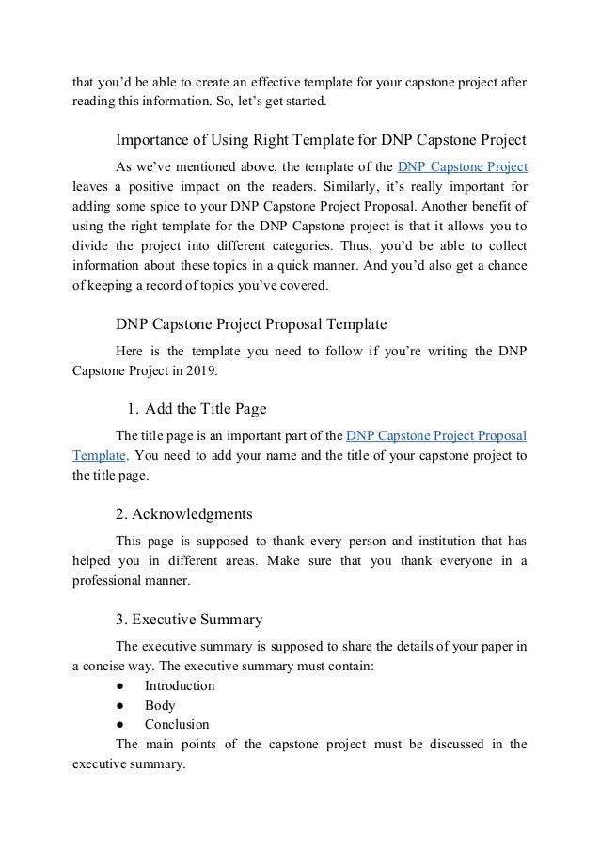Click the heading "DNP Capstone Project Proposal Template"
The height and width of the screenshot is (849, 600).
coord(251,325)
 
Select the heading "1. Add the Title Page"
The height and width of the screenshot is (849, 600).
coord(197,409)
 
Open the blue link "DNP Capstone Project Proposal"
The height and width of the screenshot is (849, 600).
coord(436,435)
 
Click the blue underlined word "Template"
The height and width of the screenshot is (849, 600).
coord(99,455)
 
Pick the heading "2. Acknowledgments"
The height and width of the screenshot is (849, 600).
coord(183,514)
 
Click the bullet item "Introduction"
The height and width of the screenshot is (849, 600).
coord(180,685)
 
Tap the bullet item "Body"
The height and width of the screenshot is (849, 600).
coord(160,705)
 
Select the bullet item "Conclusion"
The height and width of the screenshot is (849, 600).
coord(178,725)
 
